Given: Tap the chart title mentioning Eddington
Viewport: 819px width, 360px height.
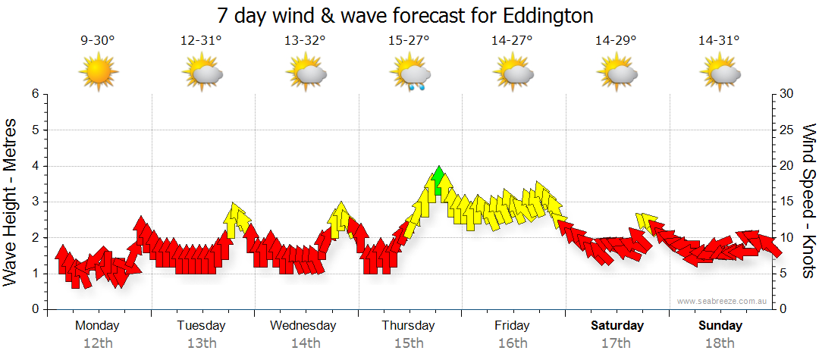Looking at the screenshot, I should pos(405,15).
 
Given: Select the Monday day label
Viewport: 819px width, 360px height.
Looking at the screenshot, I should pos(97,325).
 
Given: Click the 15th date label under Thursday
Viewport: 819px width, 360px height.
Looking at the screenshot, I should pos(409,343).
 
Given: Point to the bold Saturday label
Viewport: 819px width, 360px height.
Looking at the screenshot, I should pos(617,325).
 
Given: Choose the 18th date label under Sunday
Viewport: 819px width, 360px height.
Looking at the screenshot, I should pos(720,343).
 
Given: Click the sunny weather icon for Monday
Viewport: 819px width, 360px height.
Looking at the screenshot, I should pos(98,74).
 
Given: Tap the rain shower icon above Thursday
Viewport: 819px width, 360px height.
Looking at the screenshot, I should pos(410,75).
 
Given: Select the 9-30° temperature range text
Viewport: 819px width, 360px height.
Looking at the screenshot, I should pos(98,41).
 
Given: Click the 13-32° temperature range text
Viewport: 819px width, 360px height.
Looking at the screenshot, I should pos(305,41).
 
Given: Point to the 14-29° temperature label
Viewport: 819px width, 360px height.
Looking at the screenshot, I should pos(616,41).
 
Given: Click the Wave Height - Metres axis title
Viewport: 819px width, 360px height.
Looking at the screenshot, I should pos(11,202).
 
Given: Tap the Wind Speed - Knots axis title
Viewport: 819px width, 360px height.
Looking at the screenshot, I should pos(808,202).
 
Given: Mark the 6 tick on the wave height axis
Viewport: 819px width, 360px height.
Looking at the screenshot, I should pos(34,94).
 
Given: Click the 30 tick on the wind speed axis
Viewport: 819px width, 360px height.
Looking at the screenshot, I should pos(787,94).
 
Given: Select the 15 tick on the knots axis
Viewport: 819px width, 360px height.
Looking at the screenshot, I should pos(787,202).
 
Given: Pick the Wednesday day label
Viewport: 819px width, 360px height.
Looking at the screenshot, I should pos(303,325).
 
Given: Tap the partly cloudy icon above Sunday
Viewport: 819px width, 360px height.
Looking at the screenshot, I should pos(720,74).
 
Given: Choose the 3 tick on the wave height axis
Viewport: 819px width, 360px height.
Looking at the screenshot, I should pos(34,202).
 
